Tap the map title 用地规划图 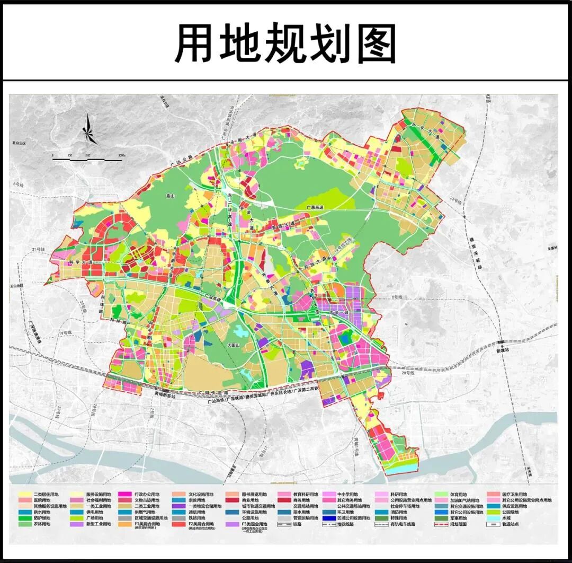[x=285, y=44]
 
